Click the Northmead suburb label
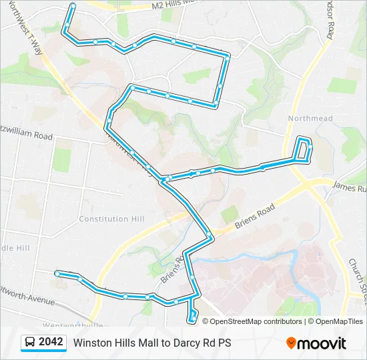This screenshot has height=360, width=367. [x=310, y=119]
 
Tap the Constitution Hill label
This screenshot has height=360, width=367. [x=112, y=219]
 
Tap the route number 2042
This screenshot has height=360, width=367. [x=51, y=343]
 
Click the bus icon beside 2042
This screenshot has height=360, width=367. [x=30, y=343]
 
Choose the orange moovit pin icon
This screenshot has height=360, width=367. [x=291, y=343]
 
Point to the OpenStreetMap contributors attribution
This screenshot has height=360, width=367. [x=256, y=321]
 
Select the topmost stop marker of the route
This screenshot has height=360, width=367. [x=73, y=6]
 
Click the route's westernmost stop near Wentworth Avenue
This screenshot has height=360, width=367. [x=57, y=273]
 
